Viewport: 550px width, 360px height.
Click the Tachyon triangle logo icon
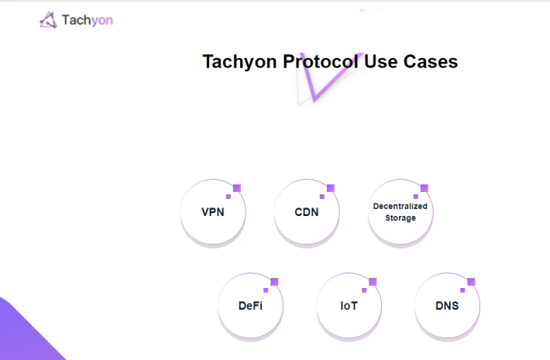click(x=48, y=20)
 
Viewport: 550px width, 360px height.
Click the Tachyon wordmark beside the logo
click(x=88, y=20)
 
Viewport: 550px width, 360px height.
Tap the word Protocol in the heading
click(x=321, y=62)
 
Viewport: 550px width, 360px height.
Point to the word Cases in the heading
click(x=431, y=62)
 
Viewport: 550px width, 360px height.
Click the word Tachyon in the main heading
click(x=240, y=63)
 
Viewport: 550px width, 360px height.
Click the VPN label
click(x=213, y=212)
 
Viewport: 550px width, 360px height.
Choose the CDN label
click(x=307, y=212)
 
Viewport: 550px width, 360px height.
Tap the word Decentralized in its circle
click(x=400, y=206)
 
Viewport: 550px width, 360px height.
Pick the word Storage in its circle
click(x=400, y=218)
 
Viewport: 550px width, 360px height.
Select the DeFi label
click(x=250, y=306)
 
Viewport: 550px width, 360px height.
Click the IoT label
click(x=349, y=306)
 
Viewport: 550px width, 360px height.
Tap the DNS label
click(x=447, y=306)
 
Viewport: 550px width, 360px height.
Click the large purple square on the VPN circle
click(x=237, y=188)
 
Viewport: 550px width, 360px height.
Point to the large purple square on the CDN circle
click(x=331, y=188)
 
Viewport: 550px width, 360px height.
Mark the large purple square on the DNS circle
click(x=471, y=282)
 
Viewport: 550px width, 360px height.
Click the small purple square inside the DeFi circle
click(x=266, y=290)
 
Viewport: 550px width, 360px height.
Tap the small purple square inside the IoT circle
click(x=364, y=290)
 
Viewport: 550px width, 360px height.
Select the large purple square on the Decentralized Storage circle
click(x=425, y=188)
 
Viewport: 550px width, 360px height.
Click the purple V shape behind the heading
click(x=315, y=98)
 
